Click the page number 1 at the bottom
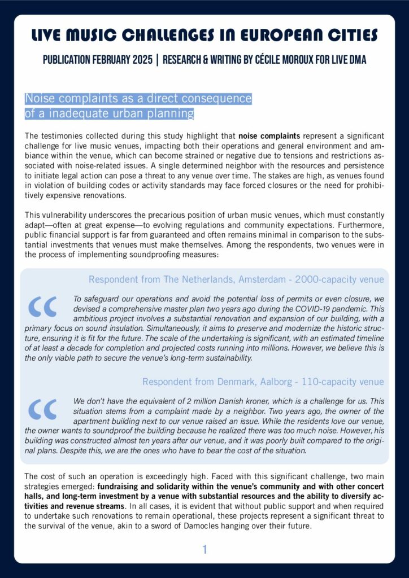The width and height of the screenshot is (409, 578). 204,549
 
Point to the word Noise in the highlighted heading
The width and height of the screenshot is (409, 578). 39,98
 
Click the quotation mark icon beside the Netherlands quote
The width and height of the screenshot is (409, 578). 42,306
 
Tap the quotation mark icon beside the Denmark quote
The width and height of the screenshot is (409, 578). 42,409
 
